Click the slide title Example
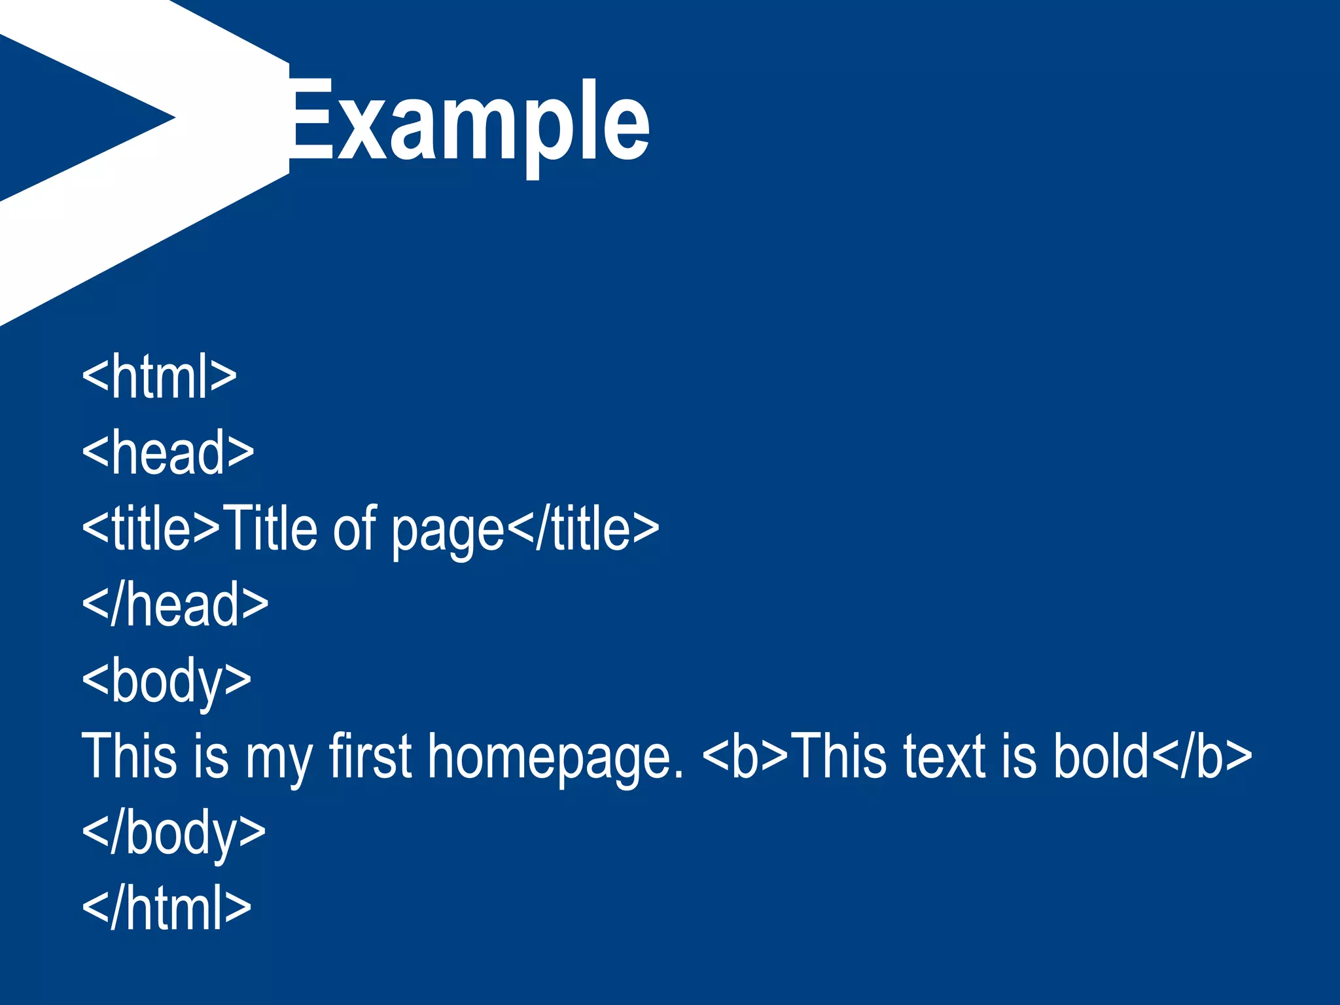point(468,121)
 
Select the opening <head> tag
point(167,452)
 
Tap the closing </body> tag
point(173,832)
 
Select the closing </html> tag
point(166,908)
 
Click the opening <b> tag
point(745,756)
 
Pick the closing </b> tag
point(1201,756)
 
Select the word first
point(370,756)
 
